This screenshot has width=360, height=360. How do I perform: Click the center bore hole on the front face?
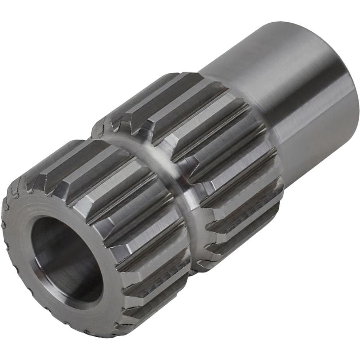coord(67,259)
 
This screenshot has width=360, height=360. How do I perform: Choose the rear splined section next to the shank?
coord(216,144)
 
